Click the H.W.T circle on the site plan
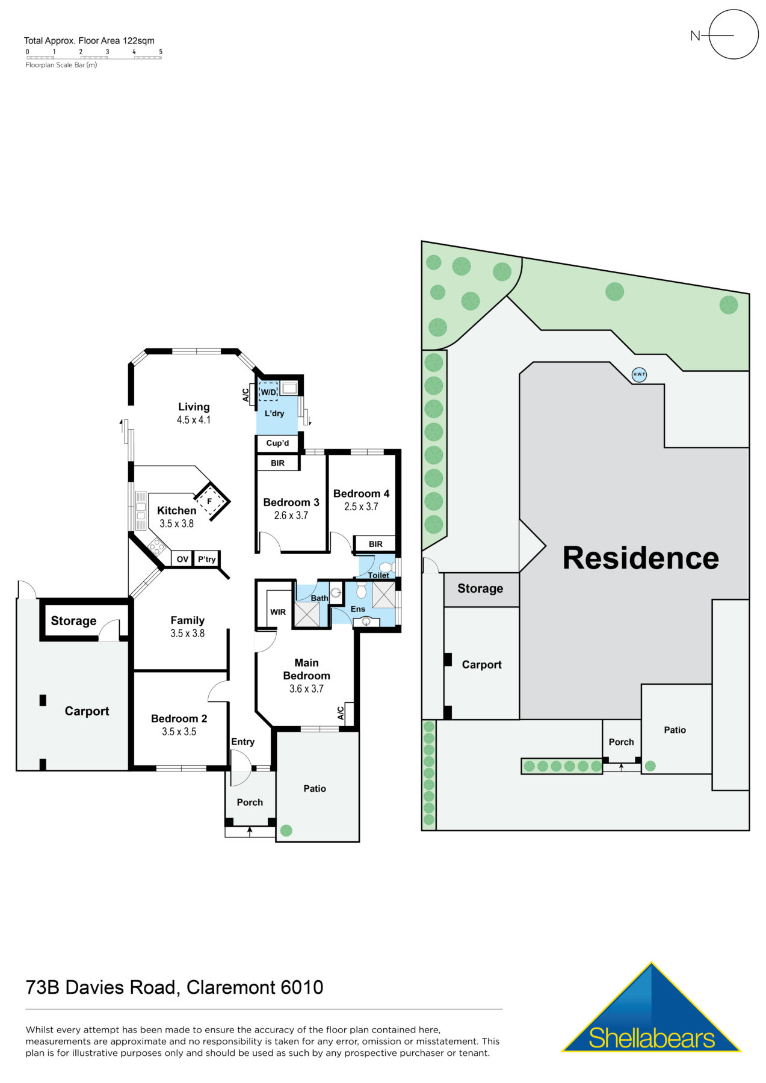[x=638, y=374]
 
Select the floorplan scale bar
[x=94, y=58]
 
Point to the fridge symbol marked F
[x=209, y=501]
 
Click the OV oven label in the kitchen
[x=182, y=559]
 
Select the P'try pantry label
[x=206, y=559]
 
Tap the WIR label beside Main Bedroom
[x=278, y=612]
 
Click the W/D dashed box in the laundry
[x=268, y=392]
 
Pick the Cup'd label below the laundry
[x=277, y=443]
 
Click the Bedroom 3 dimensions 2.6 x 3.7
[x=291, y=516]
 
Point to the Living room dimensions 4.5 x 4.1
[x=194, y=420]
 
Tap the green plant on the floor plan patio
[x=286, y=830]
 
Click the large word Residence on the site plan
[x=640, y=558]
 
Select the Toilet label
[x=378, y=575]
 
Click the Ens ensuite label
[x=358, y=609]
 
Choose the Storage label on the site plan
[x=480, y=588]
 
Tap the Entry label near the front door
[x=243, y=742]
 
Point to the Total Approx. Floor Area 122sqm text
[x=89, y=41]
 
